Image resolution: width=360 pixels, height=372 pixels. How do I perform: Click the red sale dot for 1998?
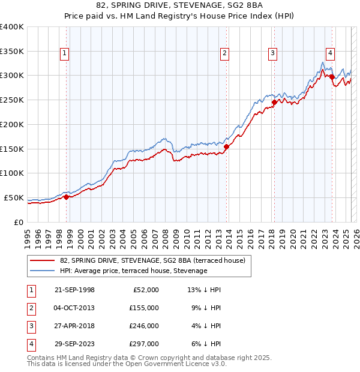(66, 197)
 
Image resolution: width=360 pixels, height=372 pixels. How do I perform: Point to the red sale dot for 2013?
(226, 146)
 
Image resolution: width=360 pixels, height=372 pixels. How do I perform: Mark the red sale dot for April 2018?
(274, 102)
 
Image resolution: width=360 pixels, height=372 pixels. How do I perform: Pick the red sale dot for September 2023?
(332, 77)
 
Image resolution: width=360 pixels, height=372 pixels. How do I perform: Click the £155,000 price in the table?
(143, 307)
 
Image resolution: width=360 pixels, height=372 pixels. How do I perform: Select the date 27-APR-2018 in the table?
(74, 326)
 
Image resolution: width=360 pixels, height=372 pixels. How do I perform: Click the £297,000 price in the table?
(143, 344)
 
